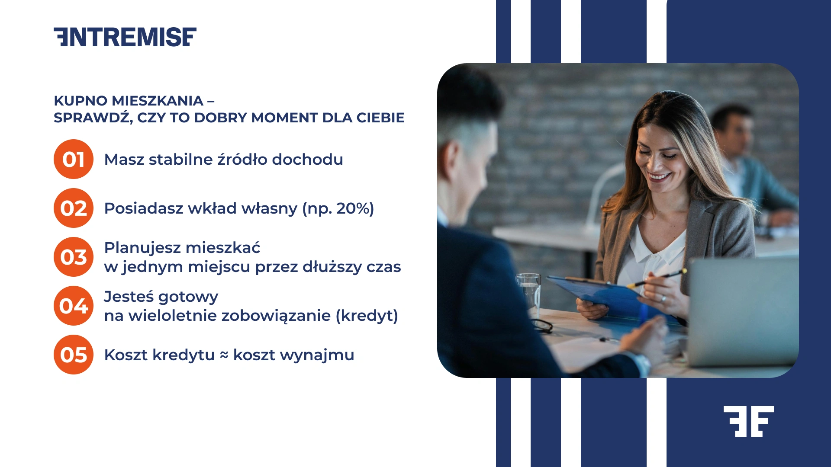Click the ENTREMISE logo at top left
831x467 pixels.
[x=125, y=37]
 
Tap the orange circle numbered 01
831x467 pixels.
[x=74, y=159]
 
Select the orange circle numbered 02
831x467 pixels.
[x=74, y=208]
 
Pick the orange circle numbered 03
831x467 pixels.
[x=74, y=257]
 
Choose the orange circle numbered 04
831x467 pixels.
[x=74, y=306]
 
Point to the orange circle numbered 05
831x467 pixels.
[x=74, y=355]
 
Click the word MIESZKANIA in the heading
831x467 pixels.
[x=158, y=101]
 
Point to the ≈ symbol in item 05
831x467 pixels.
[x=224, y=355]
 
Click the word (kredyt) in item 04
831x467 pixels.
[x=367, y=316]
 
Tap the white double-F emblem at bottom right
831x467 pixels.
[x=748, y=421]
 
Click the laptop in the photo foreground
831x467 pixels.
[x=742, y=311]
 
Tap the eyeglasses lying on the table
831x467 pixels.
[x=543, y=325]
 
